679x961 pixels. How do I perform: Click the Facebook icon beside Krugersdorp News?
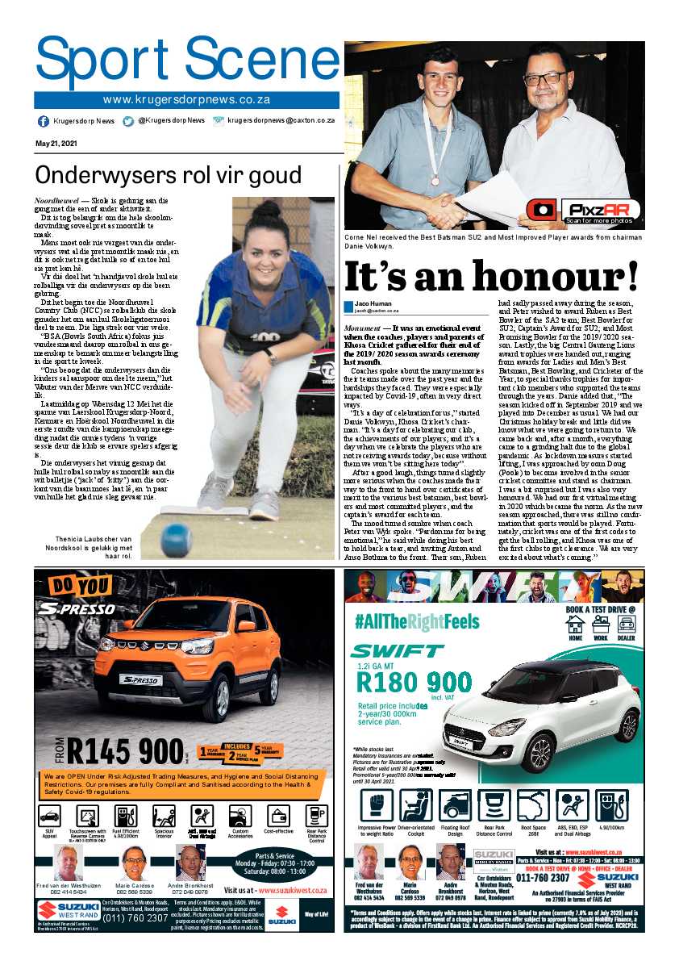[x=44, y=121]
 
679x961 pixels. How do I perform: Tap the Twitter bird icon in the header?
[x=128, y=121]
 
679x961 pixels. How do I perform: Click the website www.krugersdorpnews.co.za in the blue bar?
[x=186, y=100]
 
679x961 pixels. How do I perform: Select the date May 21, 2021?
[x=56, y=144]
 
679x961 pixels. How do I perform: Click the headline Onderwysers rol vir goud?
[x=168, y=175]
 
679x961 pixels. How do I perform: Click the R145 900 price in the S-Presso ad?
[x=126, y=752]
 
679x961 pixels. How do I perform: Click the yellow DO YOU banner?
[x=81, y=585]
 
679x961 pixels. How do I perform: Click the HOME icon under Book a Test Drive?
[x=575, y=626]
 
